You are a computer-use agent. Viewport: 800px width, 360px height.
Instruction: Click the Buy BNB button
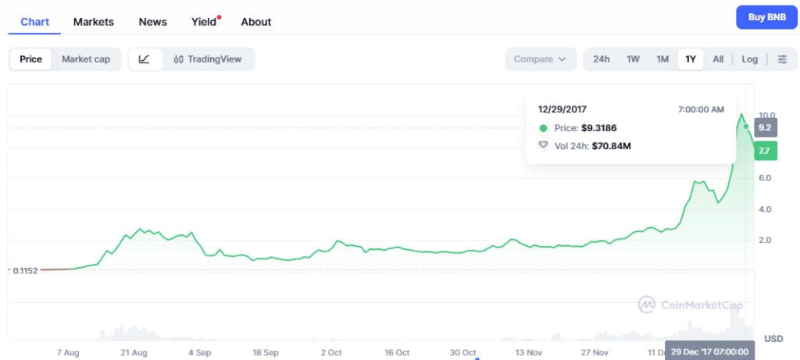click(x=766, y=17)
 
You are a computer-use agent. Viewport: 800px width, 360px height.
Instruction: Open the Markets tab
click(x=94, y=22)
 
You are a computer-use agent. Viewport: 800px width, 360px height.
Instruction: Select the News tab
click(x=152, y=22)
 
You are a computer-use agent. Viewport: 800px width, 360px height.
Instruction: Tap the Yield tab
click(x=204, y=22)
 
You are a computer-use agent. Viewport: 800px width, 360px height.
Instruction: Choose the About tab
click(x=256, y=22)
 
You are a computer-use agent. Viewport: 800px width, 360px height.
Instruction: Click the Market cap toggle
click(x=86, y=59)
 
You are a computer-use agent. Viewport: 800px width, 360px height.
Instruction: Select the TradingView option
click(x=208, y=59)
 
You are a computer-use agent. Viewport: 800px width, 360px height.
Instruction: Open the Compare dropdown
click(x=541, y=59)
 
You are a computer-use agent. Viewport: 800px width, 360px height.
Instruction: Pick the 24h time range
click(x=602, y=59)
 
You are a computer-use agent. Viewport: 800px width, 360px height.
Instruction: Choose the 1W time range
click(x=633, y=59)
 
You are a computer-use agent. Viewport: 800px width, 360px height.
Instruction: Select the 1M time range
click(x=662, y=59)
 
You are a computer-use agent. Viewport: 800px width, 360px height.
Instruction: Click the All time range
click(x=718, y=59)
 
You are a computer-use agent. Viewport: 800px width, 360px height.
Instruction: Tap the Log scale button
click(x=749, y=59)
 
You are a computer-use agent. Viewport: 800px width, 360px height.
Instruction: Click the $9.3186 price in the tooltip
click(x=604, y=128)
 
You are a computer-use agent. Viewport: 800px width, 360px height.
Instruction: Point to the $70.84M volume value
click(x=612, y=144)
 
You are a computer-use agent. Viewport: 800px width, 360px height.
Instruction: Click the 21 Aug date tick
click(x=134, y=352)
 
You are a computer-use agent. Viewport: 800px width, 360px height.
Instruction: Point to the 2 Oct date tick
click(x=331, y=352)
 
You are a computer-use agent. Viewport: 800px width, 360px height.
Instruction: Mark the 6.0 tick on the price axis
click(x=766, y=178)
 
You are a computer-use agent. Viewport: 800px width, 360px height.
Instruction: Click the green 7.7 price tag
click(x=765, y=151)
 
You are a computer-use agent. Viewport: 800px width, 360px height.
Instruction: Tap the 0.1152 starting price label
click(x=26, y=270)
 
